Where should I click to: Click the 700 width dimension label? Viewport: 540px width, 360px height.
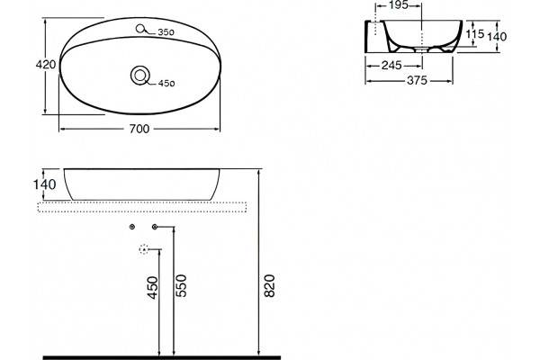pos(139,129)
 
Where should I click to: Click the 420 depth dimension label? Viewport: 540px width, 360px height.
pos(46,65)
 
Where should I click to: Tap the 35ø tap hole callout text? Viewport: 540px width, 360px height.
pos(166,32)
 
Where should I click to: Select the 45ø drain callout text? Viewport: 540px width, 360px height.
pos(166,84)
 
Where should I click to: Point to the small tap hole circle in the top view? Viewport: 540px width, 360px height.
pos(140,29)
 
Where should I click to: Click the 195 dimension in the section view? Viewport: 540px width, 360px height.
pos(398,5)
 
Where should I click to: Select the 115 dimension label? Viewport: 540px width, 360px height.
pos(475,34)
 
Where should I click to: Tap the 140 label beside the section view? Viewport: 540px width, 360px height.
pos(497,36)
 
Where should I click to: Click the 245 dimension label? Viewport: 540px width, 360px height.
pos(391,65)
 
